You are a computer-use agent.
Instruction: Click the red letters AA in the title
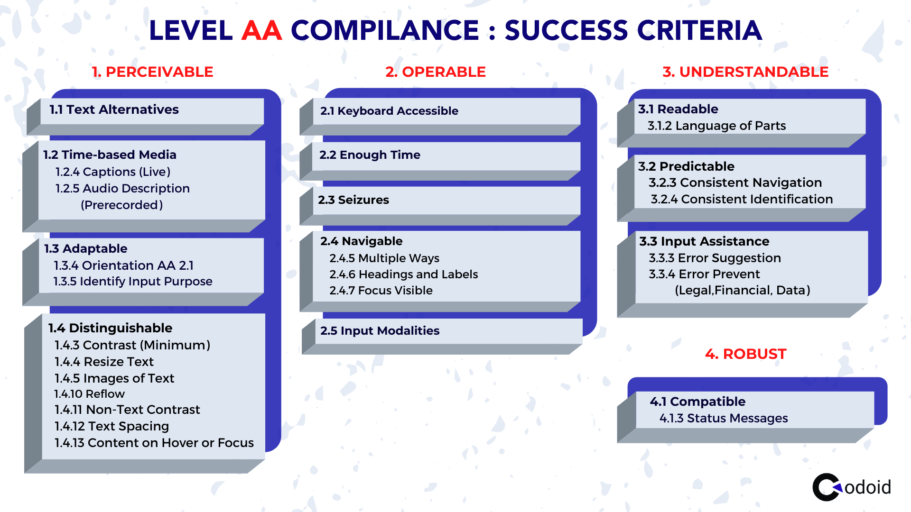262,31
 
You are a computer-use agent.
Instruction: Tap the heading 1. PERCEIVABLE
152,72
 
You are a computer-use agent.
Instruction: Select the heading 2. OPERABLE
436,72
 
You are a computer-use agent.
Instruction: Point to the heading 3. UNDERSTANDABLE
745,72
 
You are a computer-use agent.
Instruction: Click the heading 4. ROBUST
745,354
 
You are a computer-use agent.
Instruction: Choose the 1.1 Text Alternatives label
114,110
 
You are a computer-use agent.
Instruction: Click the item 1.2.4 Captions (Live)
113,172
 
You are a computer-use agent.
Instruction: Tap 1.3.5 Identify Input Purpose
133,282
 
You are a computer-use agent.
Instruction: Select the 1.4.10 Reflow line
89,394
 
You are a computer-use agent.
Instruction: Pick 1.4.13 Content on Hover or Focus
154,443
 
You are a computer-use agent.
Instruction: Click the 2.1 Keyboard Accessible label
389,111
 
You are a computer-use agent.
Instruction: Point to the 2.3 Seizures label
353,200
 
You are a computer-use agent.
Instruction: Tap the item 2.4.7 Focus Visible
381,291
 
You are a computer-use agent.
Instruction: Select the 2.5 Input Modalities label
380,331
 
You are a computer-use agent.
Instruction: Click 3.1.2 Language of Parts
716,126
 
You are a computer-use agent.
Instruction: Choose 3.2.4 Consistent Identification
742,199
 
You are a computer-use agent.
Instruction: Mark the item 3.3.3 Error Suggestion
715,258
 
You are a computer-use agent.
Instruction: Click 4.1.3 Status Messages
724,418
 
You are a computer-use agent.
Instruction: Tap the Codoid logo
852,487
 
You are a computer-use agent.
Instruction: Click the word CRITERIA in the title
699,31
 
